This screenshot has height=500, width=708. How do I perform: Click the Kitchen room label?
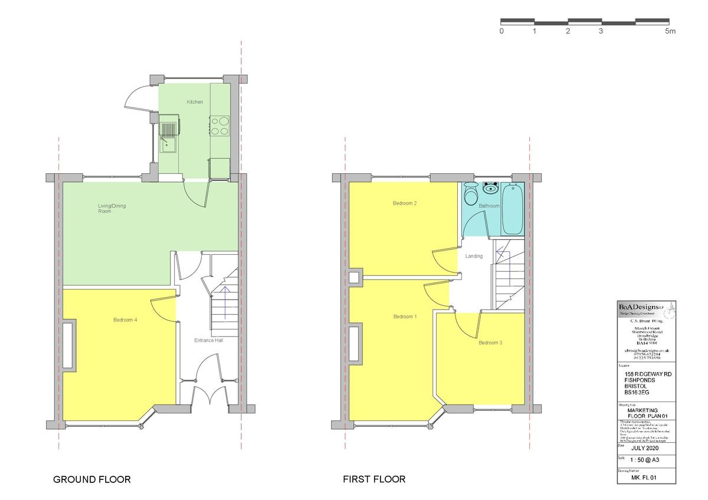[x=195, y=102]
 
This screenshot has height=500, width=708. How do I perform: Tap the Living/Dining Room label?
[x=112, y=208]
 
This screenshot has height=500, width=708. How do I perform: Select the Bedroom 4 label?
[x=125, y=320]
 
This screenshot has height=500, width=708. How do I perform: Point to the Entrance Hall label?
[x=209, y=341]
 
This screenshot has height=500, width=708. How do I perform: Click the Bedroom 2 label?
[x=405, y=203]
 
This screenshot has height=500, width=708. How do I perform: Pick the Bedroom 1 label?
[x=405, y=317]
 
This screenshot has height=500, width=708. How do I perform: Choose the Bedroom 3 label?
[x=490, y=343]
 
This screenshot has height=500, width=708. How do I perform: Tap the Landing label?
[x=474, y=256]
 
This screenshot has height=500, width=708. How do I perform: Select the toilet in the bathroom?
[x=471, y=193]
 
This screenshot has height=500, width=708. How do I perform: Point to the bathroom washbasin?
[x=490, y=189]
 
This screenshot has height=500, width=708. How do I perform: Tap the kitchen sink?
[x=168, y=136]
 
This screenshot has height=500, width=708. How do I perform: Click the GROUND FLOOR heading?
[x=92, y=479]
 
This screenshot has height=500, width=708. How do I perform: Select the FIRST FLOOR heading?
[x=374, y=479]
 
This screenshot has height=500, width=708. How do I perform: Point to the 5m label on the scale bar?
[x=670, y=31]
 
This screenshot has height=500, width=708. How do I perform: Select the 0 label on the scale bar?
[x=501, y=31]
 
